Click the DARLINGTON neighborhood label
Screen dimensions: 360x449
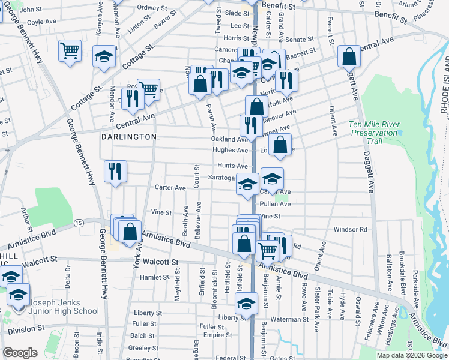click(128, 137)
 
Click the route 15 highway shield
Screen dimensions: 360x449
click(79, 223)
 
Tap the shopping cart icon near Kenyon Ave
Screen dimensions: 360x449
click(70, 51)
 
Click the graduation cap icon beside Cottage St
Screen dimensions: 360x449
click(104, 58)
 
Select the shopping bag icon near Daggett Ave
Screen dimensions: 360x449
click(349, 57)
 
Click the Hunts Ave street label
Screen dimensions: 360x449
click(233, 166)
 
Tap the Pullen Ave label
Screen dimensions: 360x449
click(275, 204)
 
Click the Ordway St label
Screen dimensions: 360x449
click(152, 8)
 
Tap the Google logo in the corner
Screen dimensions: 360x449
click(20, 353)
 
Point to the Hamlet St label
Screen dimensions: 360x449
click(154, 277)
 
